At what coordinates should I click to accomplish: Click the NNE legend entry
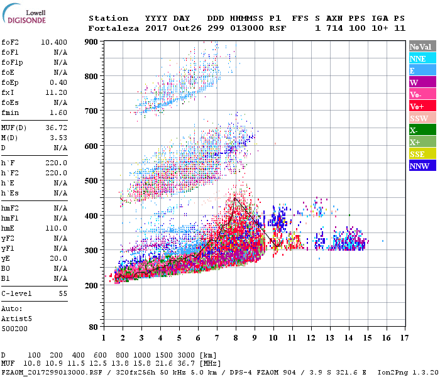[422, 58]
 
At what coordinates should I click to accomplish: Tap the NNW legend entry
[422, 166]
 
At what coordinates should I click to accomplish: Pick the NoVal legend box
[422, 46]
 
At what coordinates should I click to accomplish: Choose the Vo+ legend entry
[422, 106]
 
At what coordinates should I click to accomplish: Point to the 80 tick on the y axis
[93, 327]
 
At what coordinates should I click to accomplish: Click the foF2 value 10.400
[55, 41]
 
